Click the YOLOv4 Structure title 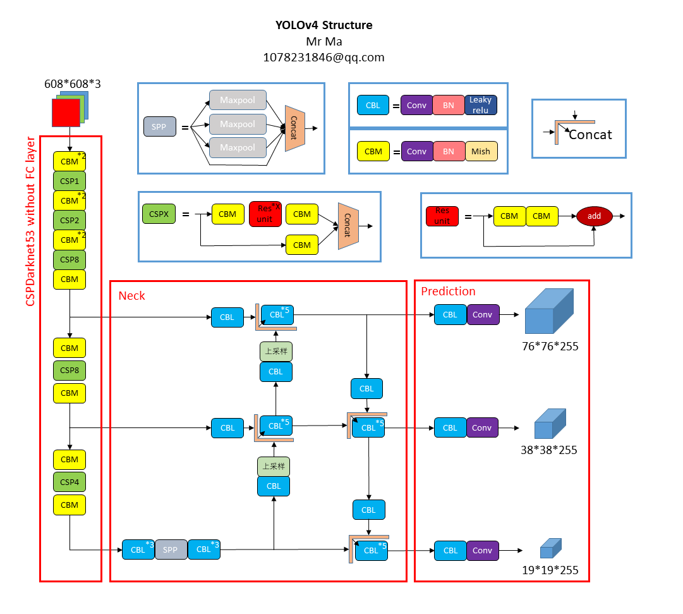coord(323,25)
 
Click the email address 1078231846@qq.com coord(323,57)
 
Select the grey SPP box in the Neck coord(171,550)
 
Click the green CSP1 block coord(70,181)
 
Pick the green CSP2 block coord(70,220)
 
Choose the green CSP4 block coord(70,482)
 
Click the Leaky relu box coord(480,106)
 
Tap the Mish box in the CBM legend coord(480,152)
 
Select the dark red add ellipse coord(594,216)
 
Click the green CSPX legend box coord(159,214)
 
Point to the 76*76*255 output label coord(550,347)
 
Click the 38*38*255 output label coord(549,450)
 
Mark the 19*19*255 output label coord(550,570)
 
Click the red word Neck coord(131,295)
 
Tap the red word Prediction coord(448,291)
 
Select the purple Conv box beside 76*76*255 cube coord(482,314)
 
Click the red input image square coord(65,113)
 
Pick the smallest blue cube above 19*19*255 coord(550,548)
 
